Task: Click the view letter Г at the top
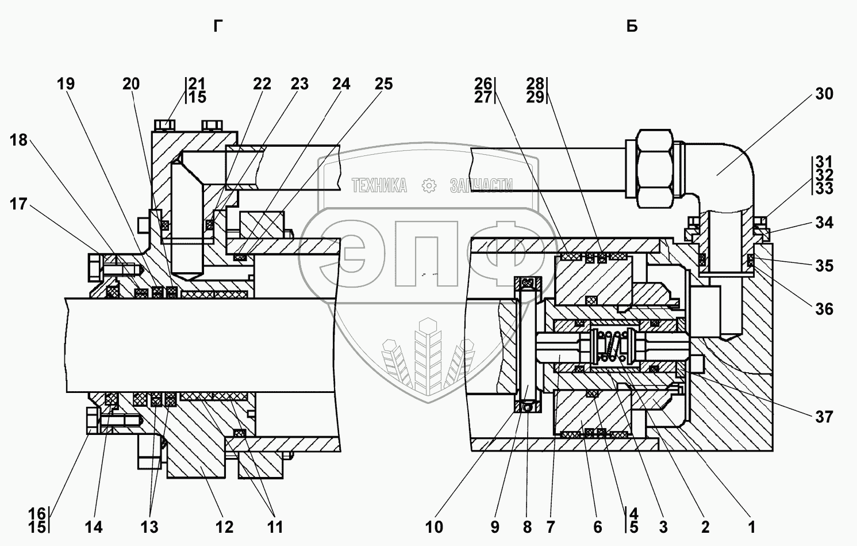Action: [x=218, y=26]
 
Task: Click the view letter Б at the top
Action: [x=632, y=26]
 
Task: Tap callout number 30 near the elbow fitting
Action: [x=824, y=94]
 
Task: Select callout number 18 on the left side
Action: [x=18, y=140]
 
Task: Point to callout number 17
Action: [x=18, y=204]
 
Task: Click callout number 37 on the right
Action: [x=824, y=417]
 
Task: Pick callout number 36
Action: [x=824, y=309]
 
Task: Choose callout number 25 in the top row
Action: [x=384, y=84]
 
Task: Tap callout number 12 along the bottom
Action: [x=224, y=527]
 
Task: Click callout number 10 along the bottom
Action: [x=434, y=527]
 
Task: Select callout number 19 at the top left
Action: [x=66, y=84]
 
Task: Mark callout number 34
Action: [x=824, y=223]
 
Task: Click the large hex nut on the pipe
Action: [x=655, y=169]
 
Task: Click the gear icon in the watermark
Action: [x=429, y=186]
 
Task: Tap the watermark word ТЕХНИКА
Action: [x=379, y=186]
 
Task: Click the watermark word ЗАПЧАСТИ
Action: [x=481, y=186]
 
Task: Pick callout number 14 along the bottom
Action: [x=94, y=527]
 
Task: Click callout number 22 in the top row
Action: [x=262, y=84]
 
